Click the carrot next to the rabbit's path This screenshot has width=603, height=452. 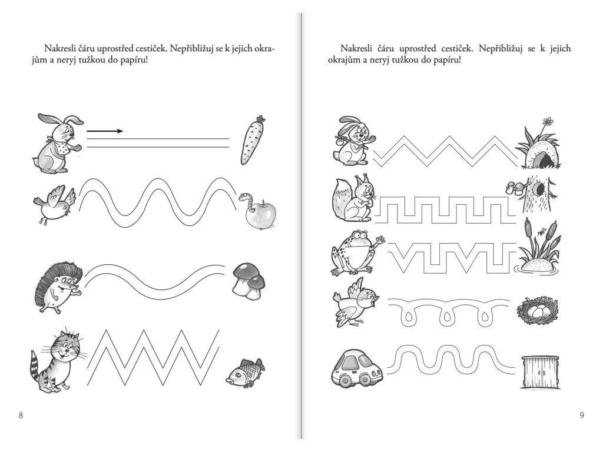[x=253, y=140]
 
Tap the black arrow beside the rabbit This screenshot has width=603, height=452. [x=105, y=131]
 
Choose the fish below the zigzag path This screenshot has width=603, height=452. [x=245, y=373]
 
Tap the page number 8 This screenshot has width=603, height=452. [x=21, y=415]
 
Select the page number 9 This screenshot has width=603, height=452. [x=582, y=415]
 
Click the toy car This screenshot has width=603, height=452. [x=356, y=368]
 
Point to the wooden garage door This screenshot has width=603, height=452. [x=540, y=372]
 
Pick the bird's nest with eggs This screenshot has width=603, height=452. [x=537, y=310]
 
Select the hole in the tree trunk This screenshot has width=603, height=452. [x=541, y=189]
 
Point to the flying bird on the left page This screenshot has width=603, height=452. [x=55, y=204]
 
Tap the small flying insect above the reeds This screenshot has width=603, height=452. [x=542, y=231]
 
